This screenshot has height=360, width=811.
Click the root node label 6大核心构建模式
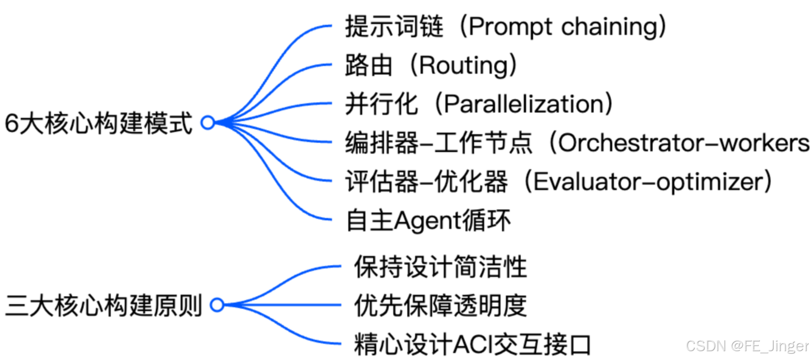(x=98, y=124)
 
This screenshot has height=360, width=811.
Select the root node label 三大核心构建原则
(x=103, y=306)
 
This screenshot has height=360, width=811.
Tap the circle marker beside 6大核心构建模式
(x=208, y=123)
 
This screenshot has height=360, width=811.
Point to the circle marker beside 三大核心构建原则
(x=217, y=305)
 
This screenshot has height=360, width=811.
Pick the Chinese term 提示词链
(x=394, y=27)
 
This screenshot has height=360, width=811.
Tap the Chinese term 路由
(x=369, y=66)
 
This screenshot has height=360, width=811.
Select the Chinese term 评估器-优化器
(x=426, y=182)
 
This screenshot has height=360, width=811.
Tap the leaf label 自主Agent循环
(x=428, y=221)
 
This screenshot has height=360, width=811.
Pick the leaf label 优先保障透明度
(x=440, y=306)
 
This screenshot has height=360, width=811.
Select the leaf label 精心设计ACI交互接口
(x=472, y=344)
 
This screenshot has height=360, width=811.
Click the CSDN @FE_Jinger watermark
(x=748, y=346)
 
